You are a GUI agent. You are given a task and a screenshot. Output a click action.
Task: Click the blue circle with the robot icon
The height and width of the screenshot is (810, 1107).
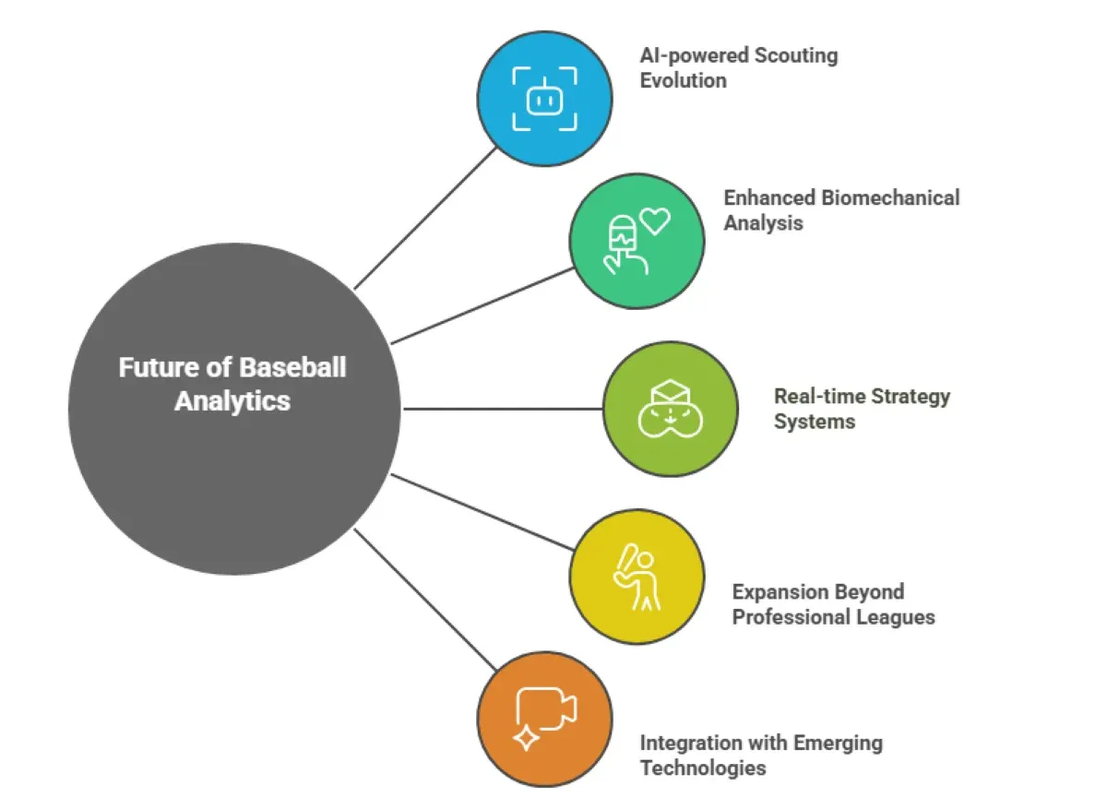coord(544,98)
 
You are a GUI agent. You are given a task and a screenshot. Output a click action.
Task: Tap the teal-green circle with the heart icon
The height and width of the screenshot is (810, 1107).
coord(637,241)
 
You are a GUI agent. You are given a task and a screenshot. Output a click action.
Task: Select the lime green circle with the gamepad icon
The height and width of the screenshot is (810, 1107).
coord(671,409)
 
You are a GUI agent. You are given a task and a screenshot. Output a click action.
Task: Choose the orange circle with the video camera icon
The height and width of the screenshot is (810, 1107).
coord(544,719)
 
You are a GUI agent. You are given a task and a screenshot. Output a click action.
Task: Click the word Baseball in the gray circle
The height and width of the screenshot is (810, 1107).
coord(293,367)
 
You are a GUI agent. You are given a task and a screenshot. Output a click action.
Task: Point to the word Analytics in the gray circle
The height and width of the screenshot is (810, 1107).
coord(232,401)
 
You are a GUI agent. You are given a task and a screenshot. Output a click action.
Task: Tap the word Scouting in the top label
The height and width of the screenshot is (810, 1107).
coord(796,55)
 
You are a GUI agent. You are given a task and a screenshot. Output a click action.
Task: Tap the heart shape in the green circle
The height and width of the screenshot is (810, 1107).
coord(655,221)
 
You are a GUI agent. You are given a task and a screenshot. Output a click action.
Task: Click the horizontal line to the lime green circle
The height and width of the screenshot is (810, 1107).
coord(503,408)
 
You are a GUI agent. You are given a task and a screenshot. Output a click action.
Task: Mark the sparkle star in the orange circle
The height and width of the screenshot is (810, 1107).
coord(526,738)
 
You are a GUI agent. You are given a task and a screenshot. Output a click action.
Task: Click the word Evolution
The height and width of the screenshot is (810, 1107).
coord(684,80)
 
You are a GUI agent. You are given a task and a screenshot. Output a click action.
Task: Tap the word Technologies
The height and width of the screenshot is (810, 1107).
coord(703,768)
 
